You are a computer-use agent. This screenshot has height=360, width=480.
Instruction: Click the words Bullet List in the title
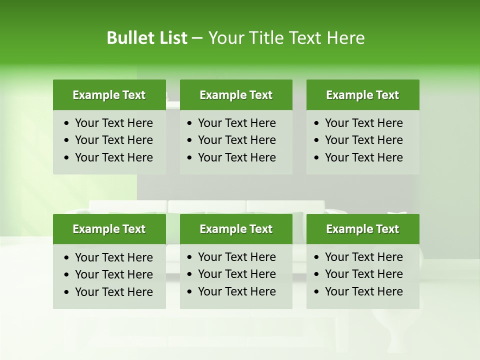(147, 38)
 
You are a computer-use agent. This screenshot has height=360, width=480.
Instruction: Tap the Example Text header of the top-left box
(109, 95)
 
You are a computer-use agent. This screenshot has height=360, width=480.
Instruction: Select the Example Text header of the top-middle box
(236, 95)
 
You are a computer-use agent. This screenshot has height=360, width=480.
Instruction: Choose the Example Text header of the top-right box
(362, 95)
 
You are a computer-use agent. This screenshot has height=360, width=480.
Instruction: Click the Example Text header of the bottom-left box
(109, 229)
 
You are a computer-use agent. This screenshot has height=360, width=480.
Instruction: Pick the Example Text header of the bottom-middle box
(236, 229)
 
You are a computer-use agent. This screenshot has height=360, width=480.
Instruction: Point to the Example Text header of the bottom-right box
(362, 229)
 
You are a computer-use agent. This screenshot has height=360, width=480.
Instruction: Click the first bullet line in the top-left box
(113, 123)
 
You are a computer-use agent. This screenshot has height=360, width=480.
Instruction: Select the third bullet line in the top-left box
(113, 157)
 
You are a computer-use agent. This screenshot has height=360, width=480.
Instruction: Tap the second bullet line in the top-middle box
(236, 140)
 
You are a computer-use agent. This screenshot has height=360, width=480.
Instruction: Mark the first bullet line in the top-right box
(363, 123)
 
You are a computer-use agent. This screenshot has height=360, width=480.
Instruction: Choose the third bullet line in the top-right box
(363, 157)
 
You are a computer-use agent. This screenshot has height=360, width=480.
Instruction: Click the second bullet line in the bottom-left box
(113, 274)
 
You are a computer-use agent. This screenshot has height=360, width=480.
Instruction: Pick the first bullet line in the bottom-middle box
(236, 257)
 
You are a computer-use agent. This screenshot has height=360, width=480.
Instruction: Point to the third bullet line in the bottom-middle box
(236, 291)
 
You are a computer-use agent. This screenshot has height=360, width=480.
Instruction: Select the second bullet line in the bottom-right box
(363, 274)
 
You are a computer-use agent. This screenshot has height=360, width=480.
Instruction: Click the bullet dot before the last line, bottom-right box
(317, 292)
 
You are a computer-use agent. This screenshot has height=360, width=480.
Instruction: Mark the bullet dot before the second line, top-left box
(67, 140)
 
